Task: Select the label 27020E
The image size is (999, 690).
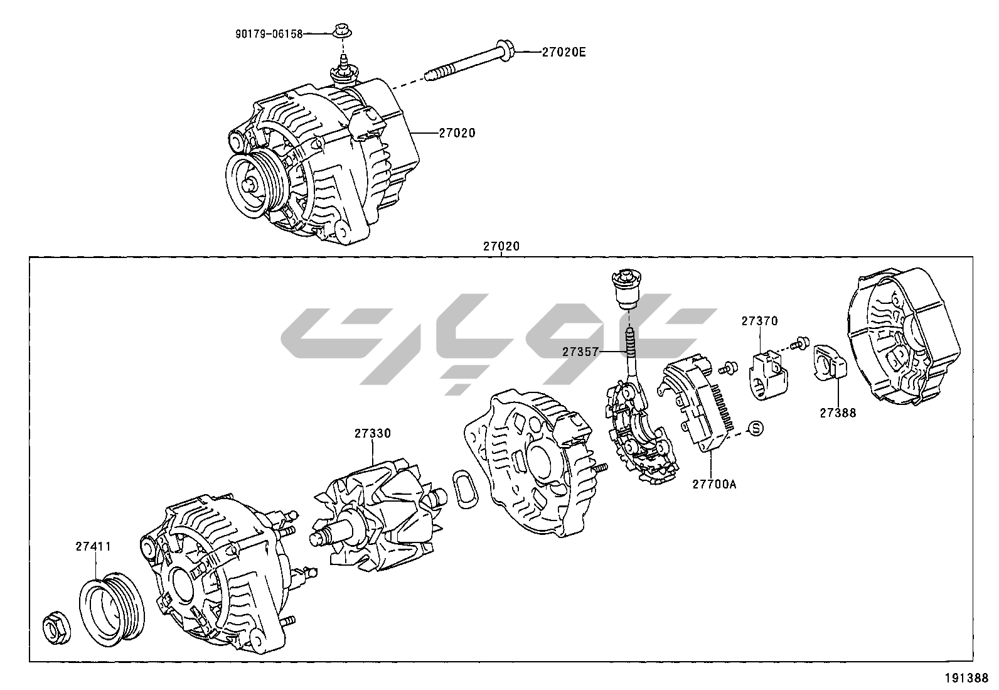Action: (564, 53)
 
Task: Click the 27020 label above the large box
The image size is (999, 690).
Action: (501, 247)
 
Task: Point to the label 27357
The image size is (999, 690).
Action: (580, 352)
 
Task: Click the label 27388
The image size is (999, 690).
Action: (837, 412)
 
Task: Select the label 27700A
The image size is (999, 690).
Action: (714, 484)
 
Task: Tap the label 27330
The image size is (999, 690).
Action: (372, 433)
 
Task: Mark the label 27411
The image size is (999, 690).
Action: (93, 546)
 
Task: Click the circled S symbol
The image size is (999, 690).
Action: (757, 429)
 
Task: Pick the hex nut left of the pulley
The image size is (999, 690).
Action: (55, 628)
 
